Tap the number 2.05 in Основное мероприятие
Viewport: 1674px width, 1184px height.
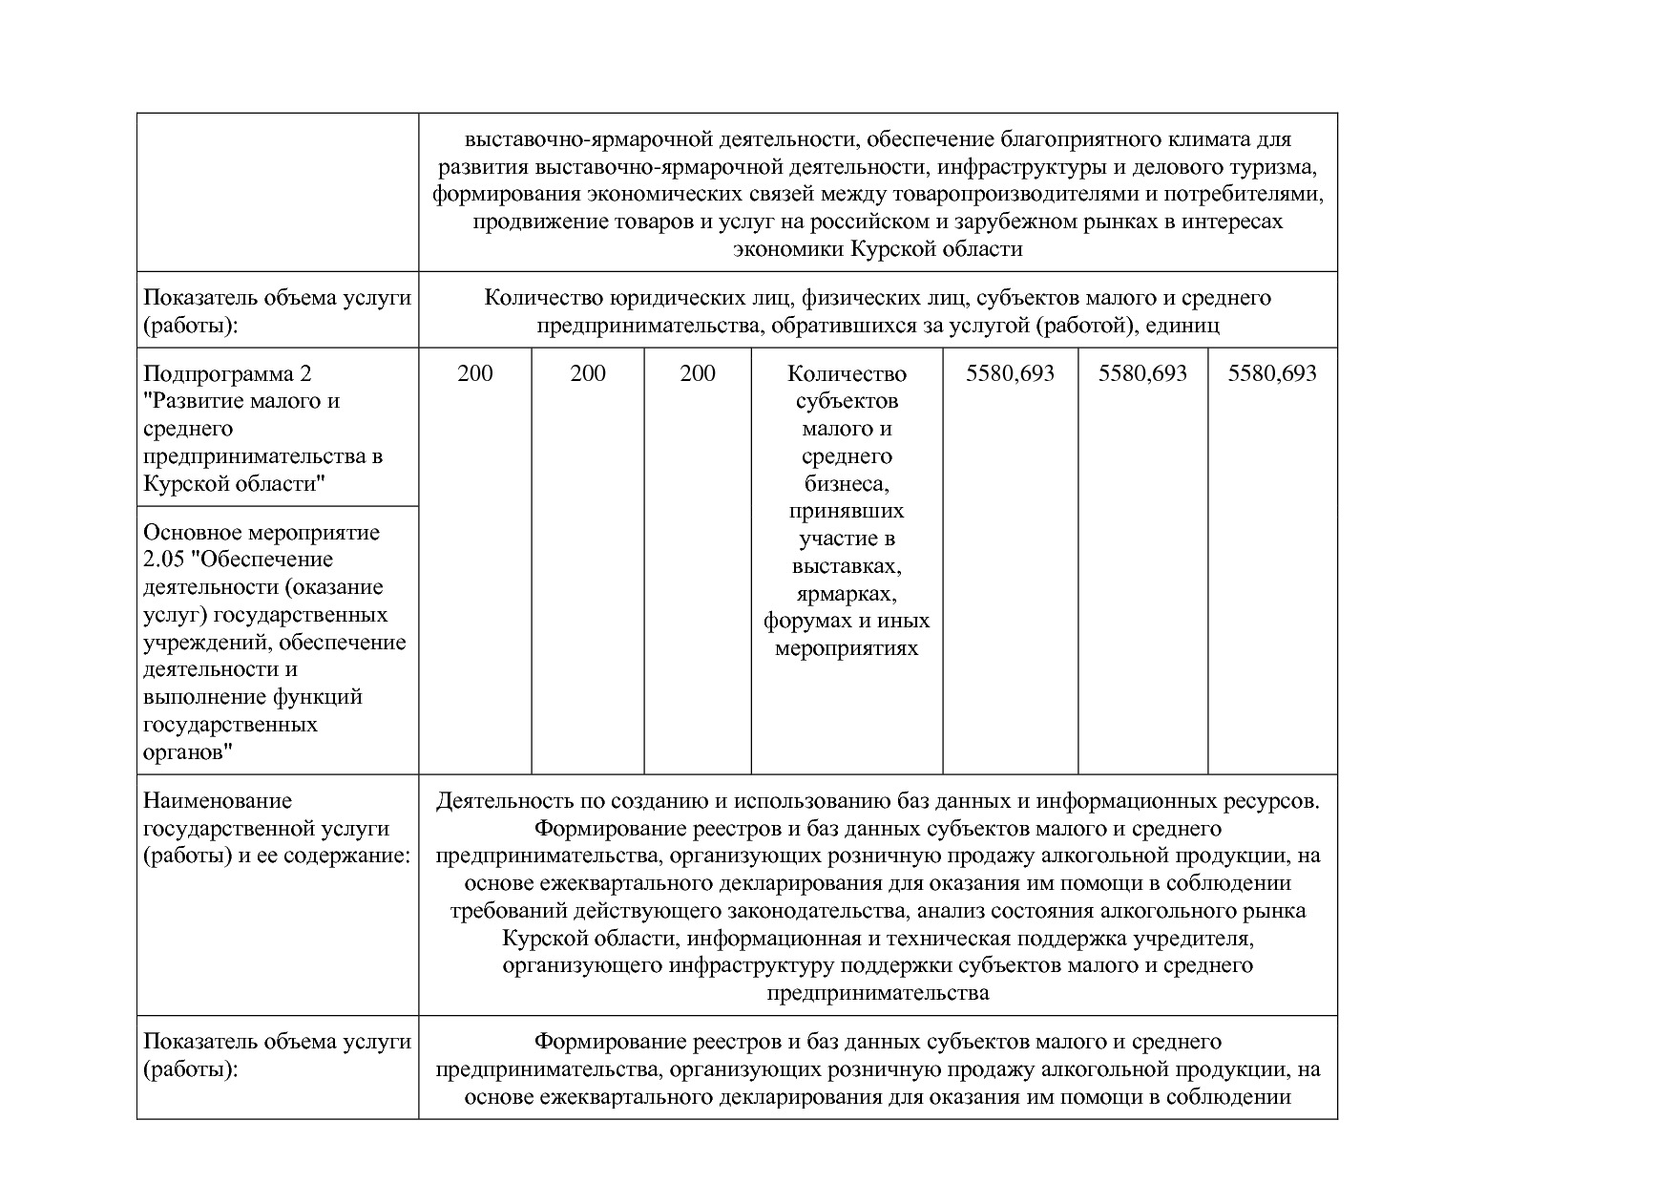pos(158,560)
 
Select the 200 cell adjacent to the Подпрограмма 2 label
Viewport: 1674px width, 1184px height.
pos(475,373)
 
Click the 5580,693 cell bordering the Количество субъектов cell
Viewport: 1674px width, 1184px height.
pos(1010,373)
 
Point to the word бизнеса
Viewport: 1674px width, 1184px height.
pos(847,484)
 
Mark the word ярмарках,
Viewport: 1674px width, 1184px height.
pos(847,594)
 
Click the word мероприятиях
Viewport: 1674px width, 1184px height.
pos(847,649)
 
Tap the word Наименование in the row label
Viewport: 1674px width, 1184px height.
pos(218,801)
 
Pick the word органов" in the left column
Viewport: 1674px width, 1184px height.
pos(188,752)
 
